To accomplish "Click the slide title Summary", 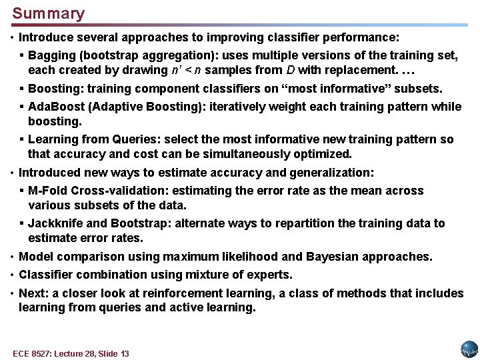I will (x=49, y=13).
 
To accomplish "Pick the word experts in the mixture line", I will (x=270, y=275).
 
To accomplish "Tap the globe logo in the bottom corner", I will (x=469, y=349).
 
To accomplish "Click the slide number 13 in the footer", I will (x=123, y=353).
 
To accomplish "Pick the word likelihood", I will (x=255, y=257).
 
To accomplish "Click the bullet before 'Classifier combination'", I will (x=13, y=275).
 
